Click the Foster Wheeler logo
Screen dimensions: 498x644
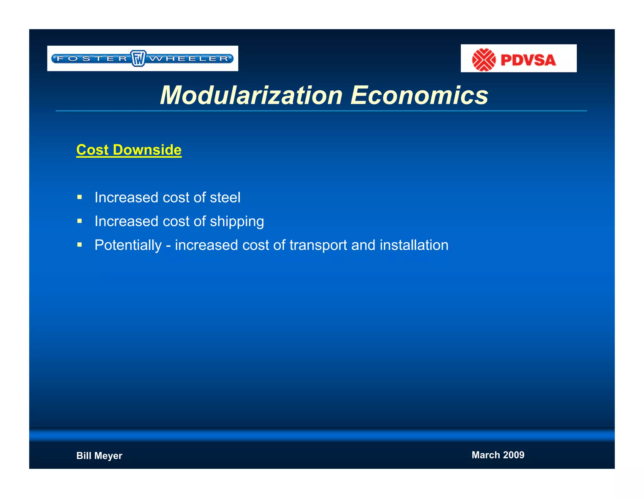pos(142,59)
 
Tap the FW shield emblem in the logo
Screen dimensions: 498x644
pos(138,58)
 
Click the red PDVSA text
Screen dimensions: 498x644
pos(528,60)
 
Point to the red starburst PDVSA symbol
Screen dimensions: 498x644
pos(484,59)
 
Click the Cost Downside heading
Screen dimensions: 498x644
pos(129,150)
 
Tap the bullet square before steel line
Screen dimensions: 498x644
pos(80,197)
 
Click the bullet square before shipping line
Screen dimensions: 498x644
pos(80,221)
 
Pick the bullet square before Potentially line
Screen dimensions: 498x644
pos(80,245)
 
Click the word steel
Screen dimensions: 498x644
pos(225,198)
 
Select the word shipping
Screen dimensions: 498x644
pos(237,222)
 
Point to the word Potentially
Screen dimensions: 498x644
pos(128,245)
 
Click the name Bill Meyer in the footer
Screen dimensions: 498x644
pos(99,456)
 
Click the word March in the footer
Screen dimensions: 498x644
pos(486,455)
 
